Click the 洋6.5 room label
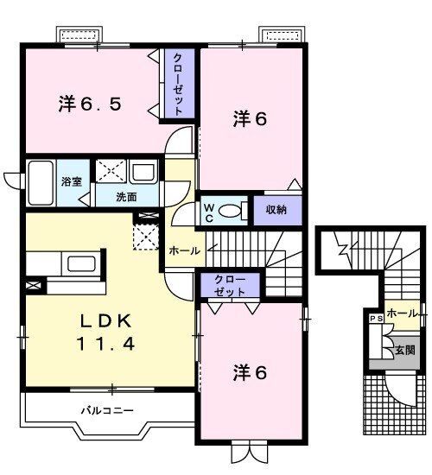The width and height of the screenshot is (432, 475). [90, 104]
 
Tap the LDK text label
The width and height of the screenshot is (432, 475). [105, 321]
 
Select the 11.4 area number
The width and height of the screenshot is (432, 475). [105, 344]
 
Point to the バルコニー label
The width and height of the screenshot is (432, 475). [107, 411]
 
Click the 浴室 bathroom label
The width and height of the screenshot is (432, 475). [72, 181]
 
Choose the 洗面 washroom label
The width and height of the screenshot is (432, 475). [127, 197]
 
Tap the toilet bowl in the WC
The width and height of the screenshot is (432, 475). [229, 210]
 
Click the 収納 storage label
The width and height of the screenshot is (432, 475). [276, 210]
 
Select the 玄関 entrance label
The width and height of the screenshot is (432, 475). [404, 351]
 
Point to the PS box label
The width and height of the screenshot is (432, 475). [376, 319]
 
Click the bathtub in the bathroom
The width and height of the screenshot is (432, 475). [41, 183]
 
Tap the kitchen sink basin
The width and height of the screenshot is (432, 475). [82, 263]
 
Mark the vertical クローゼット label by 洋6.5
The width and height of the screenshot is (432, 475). [179, 84]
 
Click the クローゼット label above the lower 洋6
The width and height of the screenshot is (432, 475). [230, 286]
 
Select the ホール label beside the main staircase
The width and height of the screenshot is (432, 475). [184, 250]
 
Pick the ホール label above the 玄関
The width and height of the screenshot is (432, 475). [403, 313]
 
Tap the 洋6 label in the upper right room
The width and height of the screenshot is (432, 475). [250, 119]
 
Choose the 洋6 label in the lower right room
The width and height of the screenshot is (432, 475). [250, 372]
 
